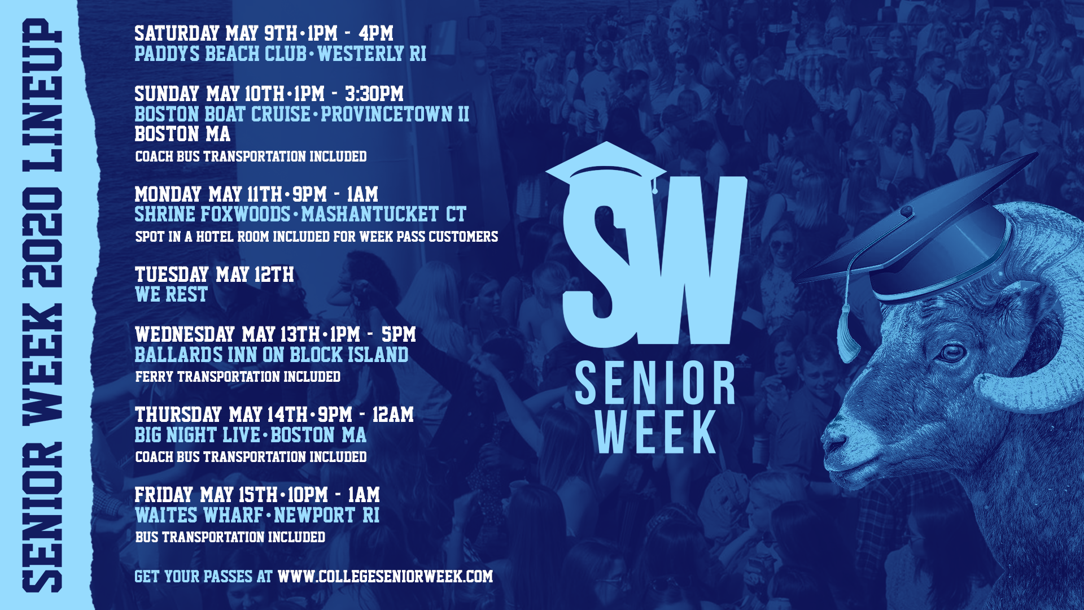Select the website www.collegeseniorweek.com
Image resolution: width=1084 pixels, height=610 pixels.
(x=385, y=577)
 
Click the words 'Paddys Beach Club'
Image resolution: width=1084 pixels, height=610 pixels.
(x=220, y=54)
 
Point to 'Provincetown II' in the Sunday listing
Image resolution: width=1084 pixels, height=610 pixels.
(x=395, y=115)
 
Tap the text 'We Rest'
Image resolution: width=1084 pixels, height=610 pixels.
(x=171, y=295)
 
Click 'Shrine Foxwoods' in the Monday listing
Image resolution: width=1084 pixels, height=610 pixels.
(x=212, y=215)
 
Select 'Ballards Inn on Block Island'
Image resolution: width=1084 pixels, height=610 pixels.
(x=271, y=355)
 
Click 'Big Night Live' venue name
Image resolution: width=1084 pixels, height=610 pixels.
(x=197, y=435)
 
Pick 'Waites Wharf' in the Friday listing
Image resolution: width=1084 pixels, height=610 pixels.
(x=199, y=516)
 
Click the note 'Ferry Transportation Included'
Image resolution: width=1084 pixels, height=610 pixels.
(x=238, y=377)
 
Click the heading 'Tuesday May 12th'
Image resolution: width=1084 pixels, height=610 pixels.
(x=214, y=275)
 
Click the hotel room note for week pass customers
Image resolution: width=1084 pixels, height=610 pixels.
(x=316, y=237)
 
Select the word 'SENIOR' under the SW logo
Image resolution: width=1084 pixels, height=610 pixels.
(x=655, y=384)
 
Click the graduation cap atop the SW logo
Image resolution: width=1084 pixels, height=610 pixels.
(x=605, y=167)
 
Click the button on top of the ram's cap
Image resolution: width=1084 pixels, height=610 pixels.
(x=907, y=212)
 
